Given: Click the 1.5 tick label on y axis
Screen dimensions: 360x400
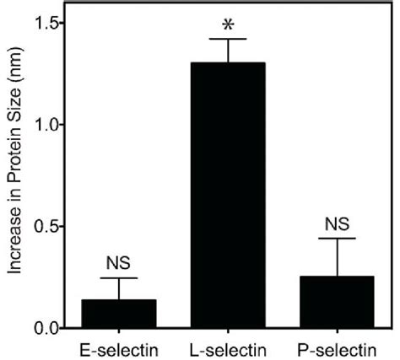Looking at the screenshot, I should click(45, 23).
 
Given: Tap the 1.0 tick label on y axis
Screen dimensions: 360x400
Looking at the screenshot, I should click(45, 125).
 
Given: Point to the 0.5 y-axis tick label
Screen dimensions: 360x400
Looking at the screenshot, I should click(45, 226).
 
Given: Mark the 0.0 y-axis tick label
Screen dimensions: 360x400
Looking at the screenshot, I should click(45, 328).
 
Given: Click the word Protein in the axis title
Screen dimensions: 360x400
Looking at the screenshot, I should click(14, 169).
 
